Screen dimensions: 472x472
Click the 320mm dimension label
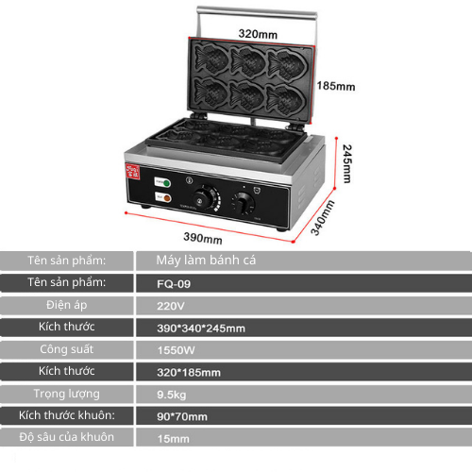click(258, 34)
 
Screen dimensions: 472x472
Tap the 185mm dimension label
click(336, 86)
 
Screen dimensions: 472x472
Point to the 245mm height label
click(346, 163)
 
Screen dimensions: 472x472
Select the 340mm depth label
click(323, 218)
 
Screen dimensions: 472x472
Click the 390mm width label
click(203, 238)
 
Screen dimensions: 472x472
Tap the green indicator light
click(166, 183)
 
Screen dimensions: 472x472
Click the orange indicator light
click(167, 198)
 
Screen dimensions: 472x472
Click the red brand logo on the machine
click(132, 171)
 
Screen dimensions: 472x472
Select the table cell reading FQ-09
click(174, 284)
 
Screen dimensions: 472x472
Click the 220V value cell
click(171, 306)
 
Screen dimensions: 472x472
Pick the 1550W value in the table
click(176, 350)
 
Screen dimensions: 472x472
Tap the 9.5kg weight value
click(172, 395)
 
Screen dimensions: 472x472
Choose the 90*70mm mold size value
click(182, 416)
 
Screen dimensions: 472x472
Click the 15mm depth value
click(174, 439)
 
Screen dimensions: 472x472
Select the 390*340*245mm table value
click(201, 329)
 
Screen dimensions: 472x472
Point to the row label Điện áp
click(67, 305)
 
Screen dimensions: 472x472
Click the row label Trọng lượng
click(67, 394)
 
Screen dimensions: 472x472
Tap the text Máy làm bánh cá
click(206, 261)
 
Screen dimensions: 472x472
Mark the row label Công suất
click(67, 349)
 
